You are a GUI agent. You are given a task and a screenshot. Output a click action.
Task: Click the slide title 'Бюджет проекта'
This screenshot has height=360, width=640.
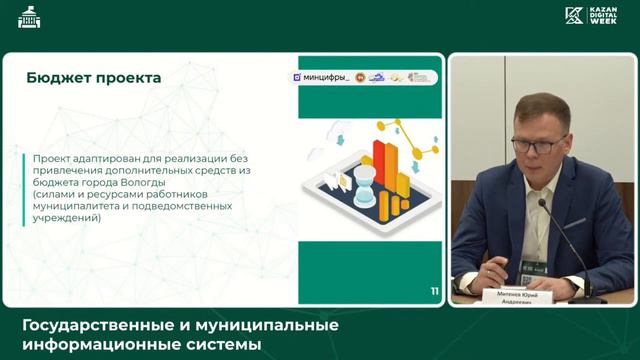point(93,78)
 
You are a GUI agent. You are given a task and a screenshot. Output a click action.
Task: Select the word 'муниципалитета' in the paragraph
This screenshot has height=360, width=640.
point(78,205)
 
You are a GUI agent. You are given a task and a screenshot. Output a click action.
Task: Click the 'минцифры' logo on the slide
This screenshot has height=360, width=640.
point(321,77)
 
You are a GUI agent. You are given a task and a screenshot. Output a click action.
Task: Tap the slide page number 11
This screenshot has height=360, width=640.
point(434,291)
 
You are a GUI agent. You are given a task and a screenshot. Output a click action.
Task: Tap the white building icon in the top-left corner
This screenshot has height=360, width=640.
point(29,17)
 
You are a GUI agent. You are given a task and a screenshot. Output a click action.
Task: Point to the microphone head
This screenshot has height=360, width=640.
point(543,204)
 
